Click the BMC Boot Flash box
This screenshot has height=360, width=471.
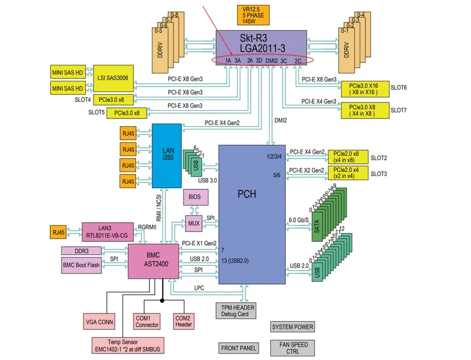[82, 265]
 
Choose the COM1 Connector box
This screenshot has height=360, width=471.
[147, 321]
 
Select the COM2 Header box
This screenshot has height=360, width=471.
[183, 321]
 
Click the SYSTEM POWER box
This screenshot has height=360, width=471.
[293, 327]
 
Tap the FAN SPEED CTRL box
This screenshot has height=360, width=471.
[293, 348]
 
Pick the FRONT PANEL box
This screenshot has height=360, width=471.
[238, 348]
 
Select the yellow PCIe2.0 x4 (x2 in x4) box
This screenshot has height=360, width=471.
[347, 173]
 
